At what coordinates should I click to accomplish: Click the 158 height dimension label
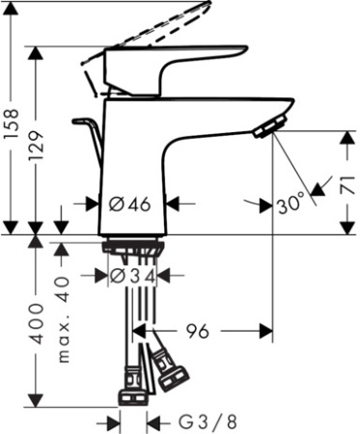pos(11,120)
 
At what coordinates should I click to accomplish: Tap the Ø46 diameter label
pos(128,204)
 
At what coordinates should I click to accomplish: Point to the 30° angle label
pos(291,203)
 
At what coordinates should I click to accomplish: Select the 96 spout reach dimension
pos(197,332)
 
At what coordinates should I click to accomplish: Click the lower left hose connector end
pos(131,394)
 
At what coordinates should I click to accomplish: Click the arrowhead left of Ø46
pos(95,203)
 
